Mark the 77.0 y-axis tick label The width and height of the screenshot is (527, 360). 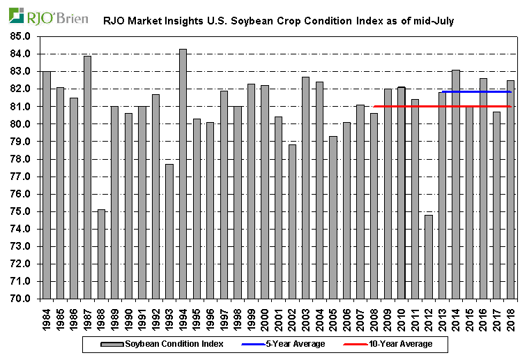(21, 177)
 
